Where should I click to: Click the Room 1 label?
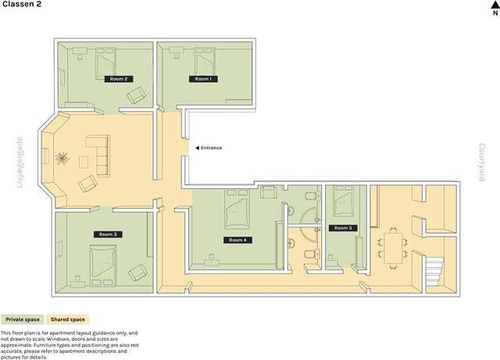click(x=203, y=79)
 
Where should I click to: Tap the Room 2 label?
click(x=119, y=79)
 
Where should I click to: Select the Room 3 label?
click(x=108, y=234)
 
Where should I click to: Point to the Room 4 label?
click(x=237, y=240)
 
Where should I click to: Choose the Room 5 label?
click(x=343, y=228)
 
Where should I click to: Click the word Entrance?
click(x=212, y=148)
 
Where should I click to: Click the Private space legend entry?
click(x=23, y=319)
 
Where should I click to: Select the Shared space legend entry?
click(x=68, y=319)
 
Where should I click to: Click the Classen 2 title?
click(x=22, y=4)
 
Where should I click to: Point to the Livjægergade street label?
click(x=20, y=162)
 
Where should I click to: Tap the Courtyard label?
click(x=482, y=162)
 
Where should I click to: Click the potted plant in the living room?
click(x=62, y=159)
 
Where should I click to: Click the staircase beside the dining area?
click(x=434, y=272)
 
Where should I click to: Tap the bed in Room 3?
click(x=103, y=266)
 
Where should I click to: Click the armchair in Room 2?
click(x=137, y=94)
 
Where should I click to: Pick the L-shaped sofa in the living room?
click(x=99, y=155)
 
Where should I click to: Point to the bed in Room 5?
click(x=344, y=201)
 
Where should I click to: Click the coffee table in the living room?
click(x=84, y=162)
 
